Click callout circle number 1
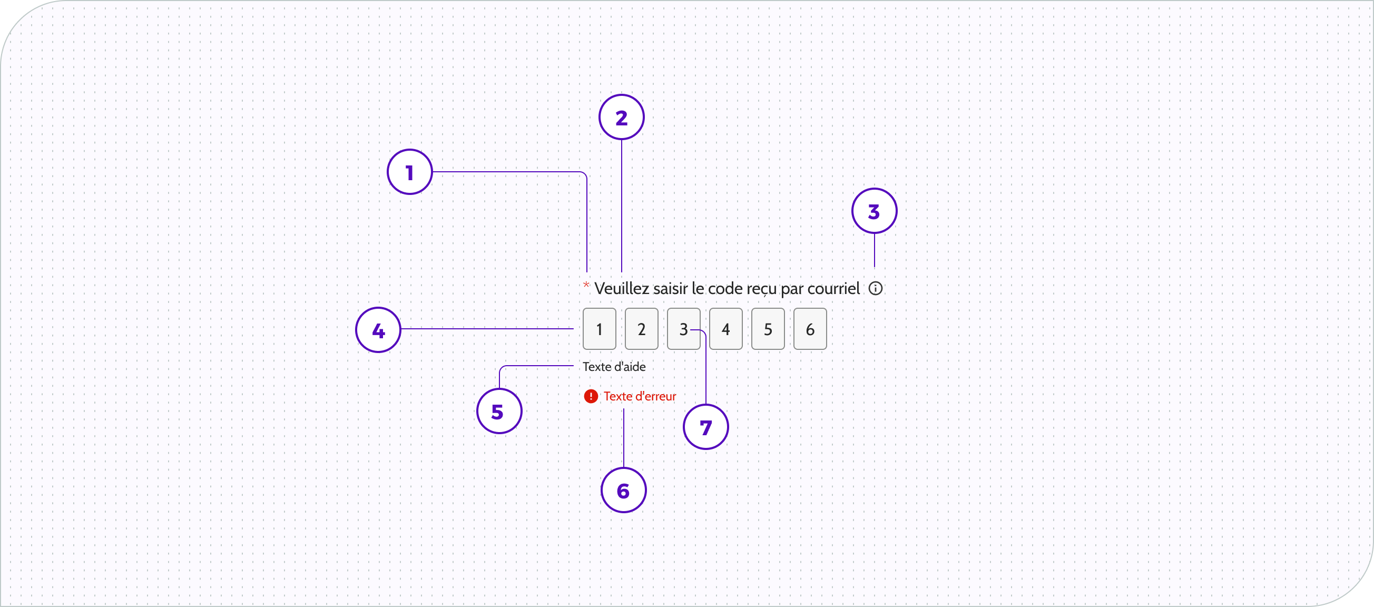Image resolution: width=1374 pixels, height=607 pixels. (410, 172)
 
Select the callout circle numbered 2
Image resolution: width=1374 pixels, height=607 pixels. (621, 118)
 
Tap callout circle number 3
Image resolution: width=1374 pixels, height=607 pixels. (874, 211)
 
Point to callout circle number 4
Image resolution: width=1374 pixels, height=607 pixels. (378, 330)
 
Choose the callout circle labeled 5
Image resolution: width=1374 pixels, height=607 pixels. (499, 411)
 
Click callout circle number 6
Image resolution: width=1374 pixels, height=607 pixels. (624, 490)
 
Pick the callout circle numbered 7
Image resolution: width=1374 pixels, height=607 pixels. (705, 427)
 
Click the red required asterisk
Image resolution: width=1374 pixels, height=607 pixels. (586, 285)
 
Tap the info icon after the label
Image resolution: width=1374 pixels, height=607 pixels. (875, 289)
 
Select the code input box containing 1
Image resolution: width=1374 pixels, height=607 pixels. (599, 329)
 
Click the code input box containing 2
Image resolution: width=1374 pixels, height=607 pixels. (641, 329)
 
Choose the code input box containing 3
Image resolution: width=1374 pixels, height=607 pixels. (683, 329)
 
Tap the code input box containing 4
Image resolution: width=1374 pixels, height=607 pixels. (725, 329)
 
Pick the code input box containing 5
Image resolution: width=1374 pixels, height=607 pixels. (768, 329)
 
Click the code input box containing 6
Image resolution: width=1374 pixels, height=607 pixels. (810, 329)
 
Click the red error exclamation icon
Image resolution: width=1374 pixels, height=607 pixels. (591, 396)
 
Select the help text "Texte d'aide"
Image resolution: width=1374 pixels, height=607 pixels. (614, 367)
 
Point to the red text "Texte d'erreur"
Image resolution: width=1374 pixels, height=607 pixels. (640, 396)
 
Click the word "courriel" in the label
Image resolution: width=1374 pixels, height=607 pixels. (833, 289)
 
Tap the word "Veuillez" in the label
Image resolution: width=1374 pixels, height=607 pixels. (621, 289)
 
